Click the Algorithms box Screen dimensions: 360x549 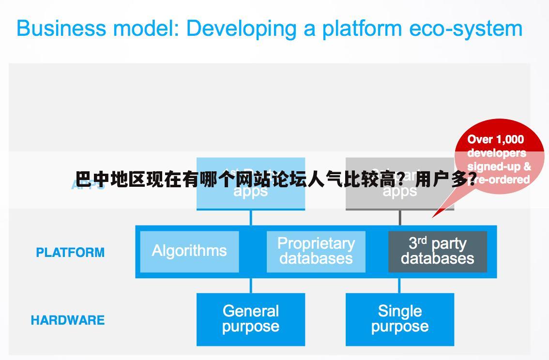click(x=189, y=251)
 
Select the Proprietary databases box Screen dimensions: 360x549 click(x=316, y=251)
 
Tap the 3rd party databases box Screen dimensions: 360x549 click(x=437, y=251)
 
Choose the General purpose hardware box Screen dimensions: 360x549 click(x=250, y=319)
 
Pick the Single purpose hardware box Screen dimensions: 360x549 click(x=399, y=319)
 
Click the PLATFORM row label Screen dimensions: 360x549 click(x=70, y=253)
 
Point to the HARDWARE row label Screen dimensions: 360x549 click(x=68, y=320)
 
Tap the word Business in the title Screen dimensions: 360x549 click(x=61, y=29)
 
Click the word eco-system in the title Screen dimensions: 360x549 click(x=466, y=29)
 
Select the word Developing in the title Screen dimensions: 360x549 click(x=241, y=29)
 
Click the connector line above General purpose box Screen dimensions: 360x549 click(x=250, y=285)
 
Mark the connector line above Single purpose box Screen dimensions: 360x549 click(x=399, y=285)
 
